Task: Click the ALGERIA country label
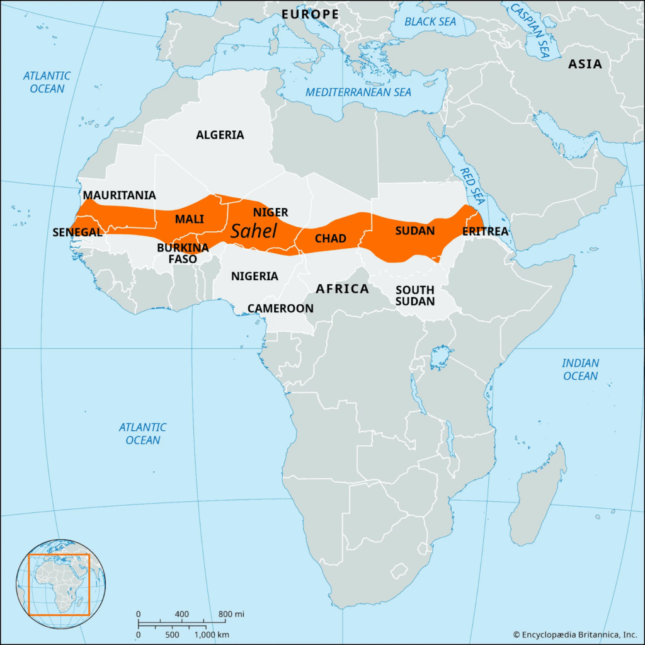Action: [x=220, y=135]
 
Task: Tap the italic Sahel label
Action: [x=254, y=231]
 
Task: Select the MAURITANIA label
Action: [x=119, y=195]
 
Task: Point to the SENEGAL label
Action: [x=77, y=232]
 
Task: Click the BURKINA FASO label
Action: [x=183, y=253]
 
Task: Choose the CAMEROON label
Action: [x=280, y=308]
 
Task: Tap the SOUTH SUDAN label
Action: [x=415, y=295]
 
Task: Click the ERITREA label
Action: [x=485, y=232]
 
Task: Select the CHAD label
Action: [x=331, y=239]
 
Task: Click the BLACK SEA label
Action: [x=431, y=21]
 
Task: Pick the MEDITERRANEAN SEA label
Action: [x=358, y=93]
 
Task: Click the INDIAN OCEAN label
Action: [x=580, y=370]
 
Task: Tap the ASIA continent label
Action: [x=585, y=64]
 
